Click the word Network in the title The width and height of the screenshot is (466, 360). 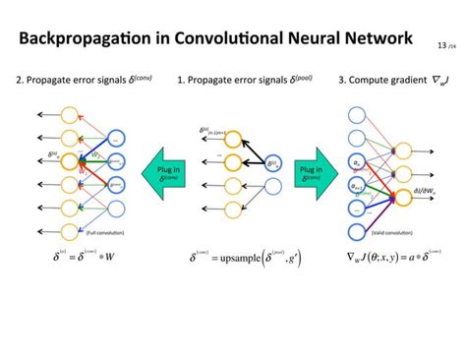pos(373,40)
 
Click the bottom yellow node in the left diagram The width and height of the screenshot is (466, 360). pos(68,229)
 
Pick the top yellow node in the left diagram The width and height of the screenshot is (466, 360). pos(68,114)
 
